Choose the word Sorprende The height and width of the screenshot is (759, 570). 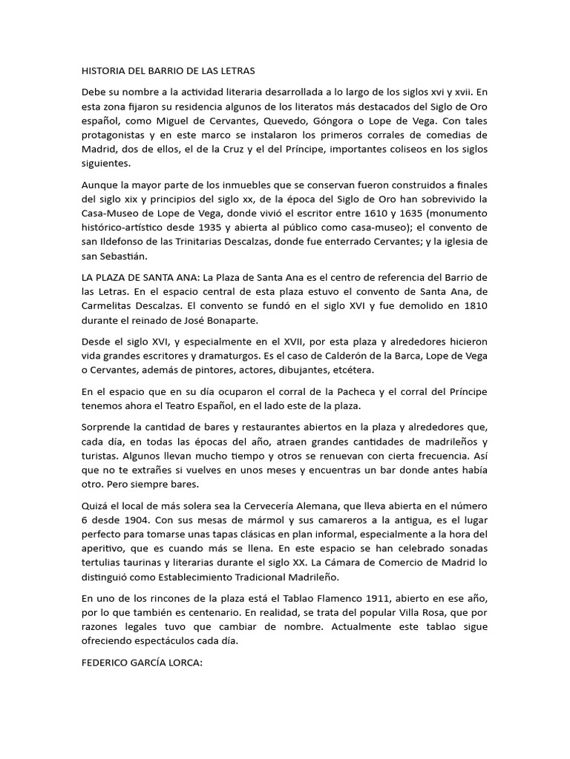(107, 428)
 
